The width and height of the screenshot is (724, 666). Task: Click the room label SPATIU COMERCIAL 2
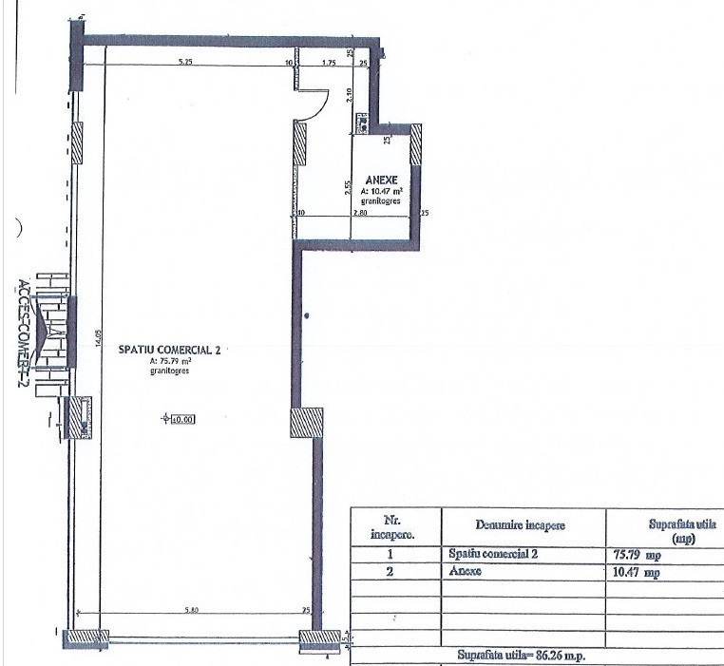(169, 350)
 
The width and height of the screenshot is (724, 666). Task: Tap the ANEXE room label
(380, 178)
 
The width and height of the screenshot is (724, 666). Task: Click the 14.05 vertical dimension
(97, 340)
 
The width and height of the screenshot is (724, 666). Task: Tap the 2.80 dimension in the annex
(359, 213)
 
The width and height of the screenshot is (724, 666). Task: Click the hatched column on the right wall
(306, 422)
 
